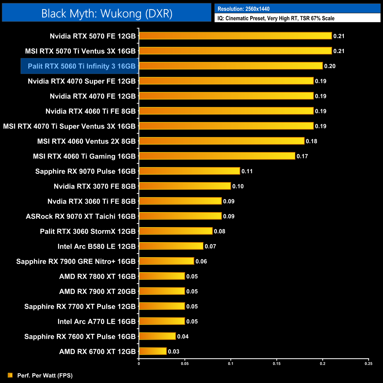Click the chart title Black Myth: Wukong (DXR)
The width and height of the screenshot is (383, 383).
107,14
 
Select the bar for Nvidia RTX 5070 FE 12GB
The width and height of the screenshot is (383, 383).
235,36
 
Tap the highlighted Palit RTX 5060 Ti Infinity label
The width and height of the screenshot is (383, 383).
81,66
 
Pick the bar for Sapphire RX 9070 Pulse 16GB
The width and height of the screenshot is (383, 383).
189,171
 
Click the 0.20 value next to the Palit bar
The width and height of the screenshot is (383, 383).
330,66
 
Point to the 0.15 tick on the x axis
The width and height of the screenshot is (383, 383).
277,364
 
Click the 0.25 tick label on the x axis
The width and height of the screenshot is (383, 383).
368,364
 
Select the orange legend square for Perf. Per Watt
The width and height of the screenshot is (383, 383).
10,375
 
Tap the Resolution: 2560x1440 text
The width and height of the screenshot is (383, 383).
243,9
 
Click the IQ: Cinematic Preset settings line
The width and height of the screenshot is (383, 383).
276,18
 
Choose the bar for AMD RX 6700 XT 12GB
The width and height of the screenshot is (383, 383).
153,351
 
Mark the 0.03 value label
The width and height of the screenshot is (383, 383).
174,351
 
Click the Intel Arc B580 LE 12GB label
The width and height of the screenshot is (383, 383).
96,246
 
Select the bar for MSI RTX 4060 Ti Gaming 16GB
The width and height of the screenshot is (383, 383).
217,156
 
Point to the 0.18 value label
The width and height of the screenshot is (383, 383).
311,141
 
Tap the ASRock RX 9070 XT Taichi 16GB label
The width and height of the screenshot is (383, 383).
80,216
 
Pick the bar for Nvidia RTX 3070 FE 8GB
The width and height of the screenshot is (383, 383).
185,186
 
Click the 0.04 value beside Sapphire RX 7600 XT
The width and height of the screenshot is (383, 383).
183,336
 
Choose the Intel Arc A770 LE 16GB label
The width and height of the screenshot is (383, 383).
96,321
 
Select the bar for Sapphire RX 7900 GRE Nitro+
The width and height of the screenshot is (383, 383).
166,261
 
